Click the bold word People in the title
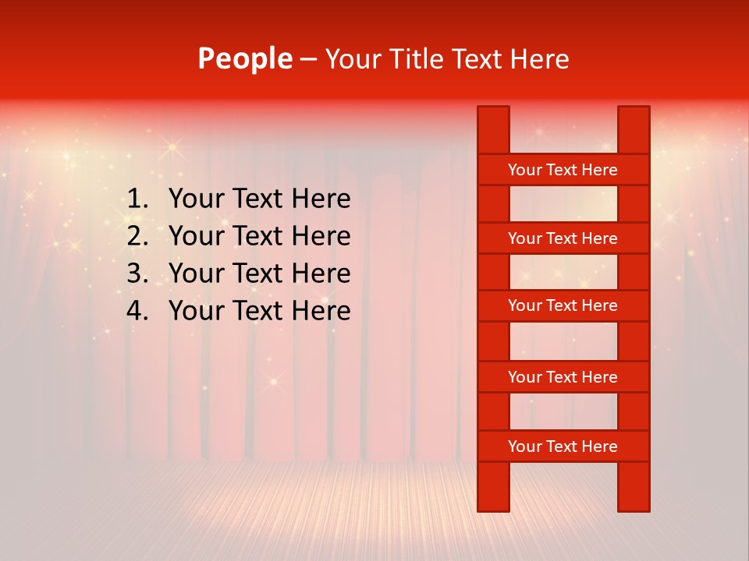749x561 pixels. click(244, 59)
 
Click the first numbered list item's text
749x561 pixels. click(259, 199)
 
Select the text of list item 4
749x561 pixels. click(259, 311)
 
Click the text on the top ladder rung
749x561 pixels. click(563, 170)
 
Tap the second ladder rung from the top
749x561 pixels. click(563, 238)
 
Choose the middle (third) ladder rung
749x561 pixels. click(563, 305)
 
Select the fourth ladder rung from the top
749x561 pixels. click(563, 377)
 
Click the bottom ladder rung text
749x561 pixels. click(563, 446)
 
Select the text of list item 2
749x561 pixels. click(259, 236)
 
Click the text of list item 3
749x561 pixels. click(259, 273)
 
